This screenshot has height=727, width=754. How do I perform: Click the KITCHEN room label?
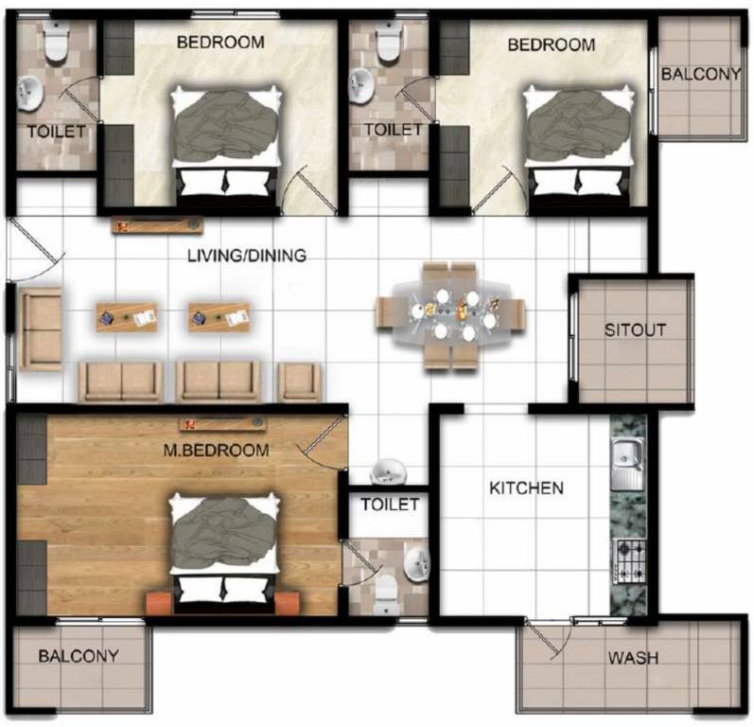coord(526,488)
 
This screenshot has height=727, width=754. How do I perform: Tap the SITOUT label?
coord(635,330)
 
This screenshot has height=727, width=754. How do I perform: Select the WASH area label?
coord(633,658)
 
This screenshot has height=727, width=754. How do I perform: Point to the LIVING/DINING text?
coord(247,255)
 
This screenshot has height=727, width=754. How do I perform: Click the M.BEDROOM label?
coord(216,451)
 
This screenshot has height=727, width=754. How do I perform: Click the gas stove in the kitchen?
coord(629,561)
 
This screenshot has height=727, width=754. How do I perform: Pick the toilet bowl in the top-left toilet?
coord(56,41)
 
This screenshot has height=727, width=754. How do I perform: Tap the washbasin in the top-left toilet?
coord(30,93)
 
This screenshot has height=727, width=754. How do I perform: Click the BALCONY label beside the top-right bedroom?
coord(701,74)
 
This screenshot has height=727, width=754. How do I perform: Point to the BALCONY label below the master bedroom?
coord(79,656)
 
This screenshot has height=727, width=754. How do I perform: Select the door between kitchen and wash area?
coord(542,637)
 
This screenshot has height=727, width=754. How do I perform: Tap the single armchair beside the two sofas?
coord(298,382)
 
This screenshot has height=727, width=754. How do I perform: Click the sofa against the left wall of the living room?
coord(41,329)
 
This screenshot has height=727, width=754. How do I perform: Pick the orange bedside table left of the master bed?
coord(158,603)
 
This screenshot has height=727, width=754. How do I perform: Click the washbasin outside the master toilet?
coord(388,471)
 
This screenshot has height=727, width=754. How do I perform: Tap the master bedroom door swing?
coord(322,442)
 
